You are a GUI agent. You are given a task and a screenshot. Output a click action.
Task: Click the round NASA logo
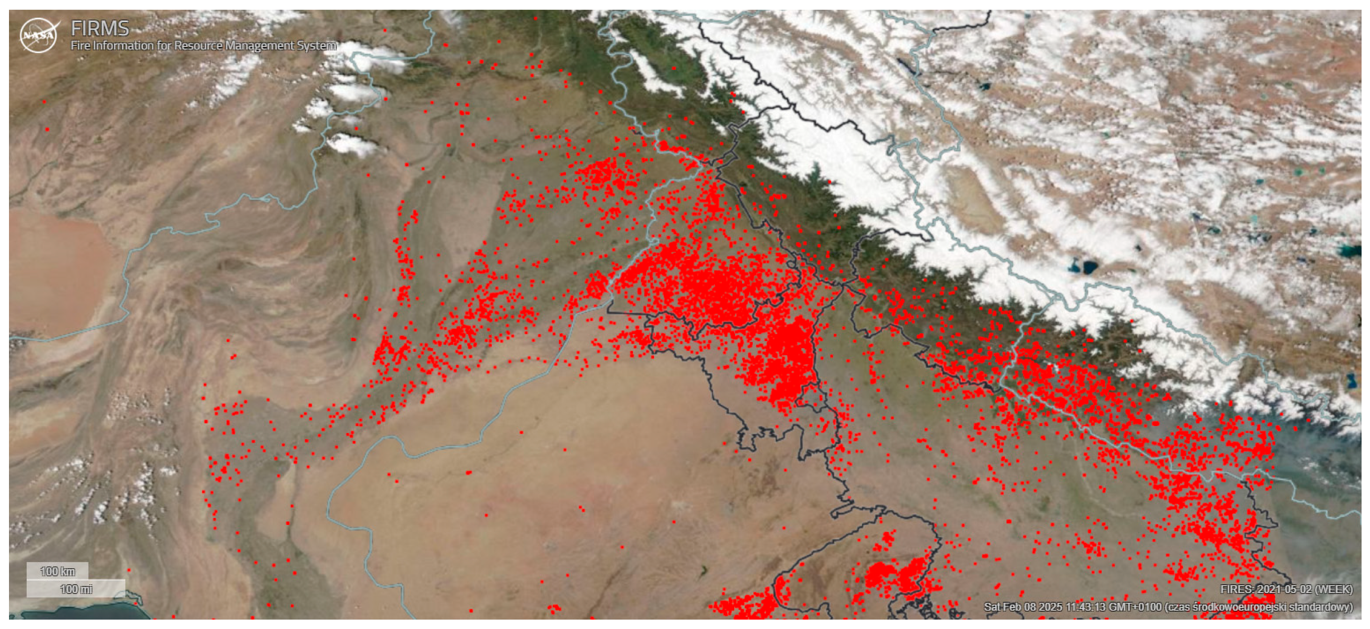(38, 36)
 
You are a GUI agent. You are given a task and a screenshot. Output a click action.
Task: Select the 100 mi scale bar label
(76, 589)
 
